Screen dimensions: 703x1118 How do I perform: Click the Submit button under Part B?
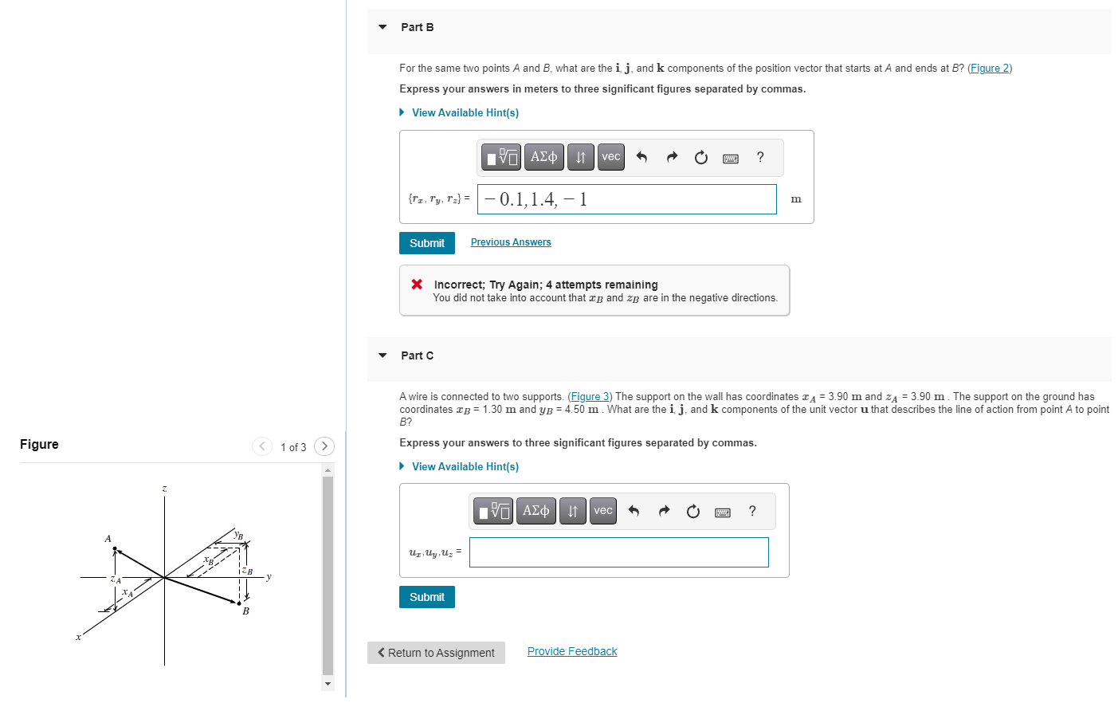(426, 243)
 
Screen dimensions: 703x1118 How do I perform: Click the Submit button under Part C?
(426, 597)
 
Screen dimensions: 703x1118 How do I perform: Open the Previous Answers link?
(510, 242)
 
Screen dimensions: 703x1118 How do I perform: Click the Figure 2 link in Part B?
(989, 69)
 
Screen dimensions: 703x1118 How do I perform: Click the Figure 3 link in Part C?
(590, 397)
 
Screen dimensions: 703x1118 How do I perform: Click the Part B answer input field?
(626, 199)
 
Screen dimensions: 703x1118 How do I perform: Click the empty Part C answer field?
(618, 552)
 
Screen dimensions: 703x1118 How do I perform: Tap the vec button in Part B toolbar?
(610, 157)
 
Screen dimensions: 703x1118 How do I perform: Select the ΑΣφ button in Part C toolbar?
(535, 511)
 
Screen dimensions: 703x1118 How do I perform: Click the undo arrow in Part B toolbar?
(641, 157)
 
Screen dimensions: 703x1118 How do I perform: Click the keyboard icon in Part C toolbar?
(723, 512)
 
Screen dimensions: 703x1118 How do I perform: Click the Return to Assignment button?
(436, 653)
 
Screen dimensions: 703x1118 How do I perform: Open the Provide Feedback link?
(571, 652)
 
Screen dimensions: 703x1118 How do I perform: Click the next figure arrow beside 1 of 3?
(324, 446)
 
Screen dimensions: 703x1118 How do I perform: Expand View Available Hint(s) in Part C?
(465, 467)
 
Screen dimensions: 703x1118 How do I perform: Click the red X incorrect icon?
(417, 285)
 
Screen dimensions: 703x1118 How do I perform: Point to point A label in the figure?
(108, 539)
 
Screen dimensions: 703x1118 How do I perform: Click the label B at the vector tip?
(245, 611)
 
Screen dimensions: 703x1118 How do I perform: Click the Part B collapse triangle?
(382, 27)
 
